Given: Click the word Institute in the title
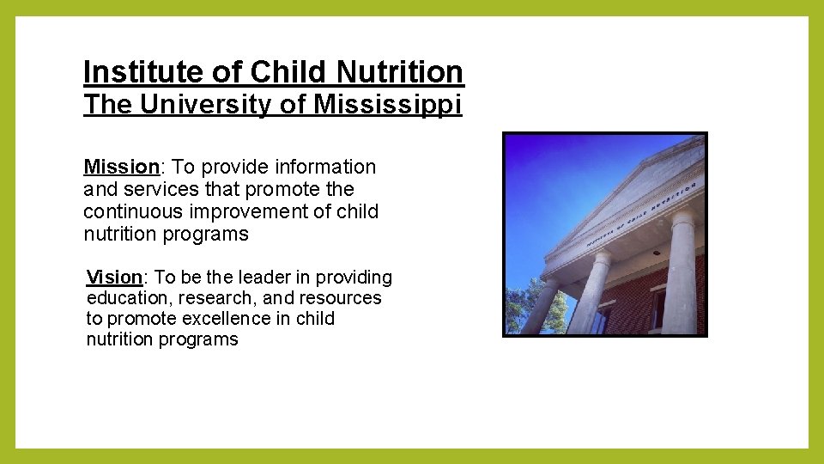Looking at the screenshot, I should (x=125, y=72).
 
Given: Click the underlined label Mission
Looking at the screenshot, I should (x=122, y=167).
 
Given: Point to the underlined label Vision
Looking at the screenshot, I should (x=114, y=278).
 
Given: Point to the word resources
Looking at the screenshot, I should (x=340, y=298).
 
